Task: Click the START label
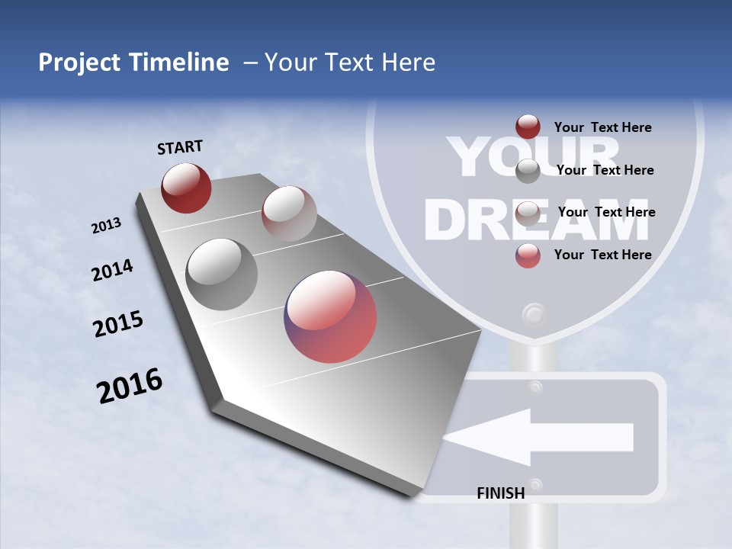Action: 180,146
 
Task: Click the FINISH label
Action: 500,493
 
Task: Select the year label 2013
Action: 106,225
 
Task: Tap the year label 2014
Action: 112,270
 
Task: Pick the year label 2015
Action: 118,324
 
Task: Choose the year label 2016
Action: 130,385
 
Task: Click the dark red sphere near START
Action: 186,188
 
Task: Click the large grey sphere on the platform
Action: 221,274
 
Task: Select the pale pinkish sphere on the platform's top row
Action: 288,213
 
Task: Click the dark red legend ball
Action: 528,127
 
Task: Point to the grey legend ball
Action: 528,171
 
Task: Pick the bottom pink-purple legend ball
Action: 528,255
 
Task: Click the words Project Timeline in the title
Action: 133,63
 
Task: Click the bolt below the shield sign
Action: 534,314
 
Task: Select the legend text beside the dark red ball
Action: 602,127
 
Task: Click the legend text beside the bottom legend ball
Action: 602,255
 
